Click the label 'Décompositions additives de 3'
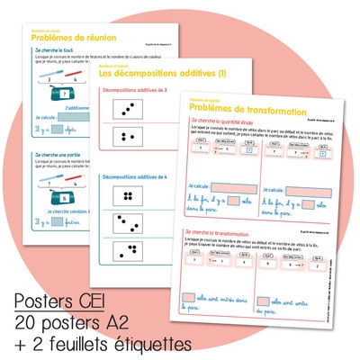pyautogui.click(x=134, y=93)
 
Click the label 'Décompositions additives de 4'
pyautogui.click(x=134, y=177)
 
